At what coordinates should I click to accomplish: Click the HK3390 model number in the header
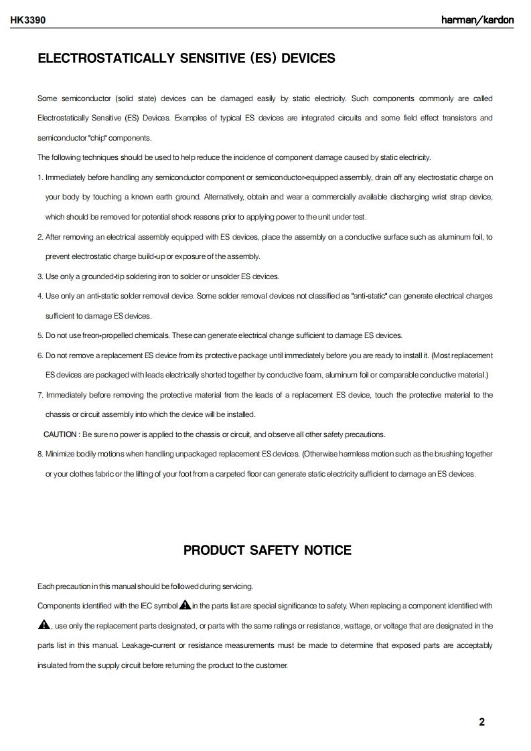pyautogui.click(x=27, y=20)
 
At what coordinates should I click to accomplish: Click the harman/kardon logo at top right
pyautogui.click(x=477, y=20)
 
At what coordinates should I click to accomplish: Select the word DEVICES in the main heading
pyautogui.click(x=308, y=58)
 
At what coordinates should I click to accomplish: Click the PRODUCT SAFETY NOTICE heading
pyautogui.click(x=267, y=550)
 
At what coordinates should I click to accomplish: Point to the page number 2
pyautogui.click(x=482, y=722)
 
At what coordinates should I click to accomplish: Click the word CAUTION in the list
pyautogui.click(x=60, y=434)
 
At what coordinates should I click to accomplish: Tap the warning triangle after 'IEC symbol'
pyautogui.click(x=185, y=605)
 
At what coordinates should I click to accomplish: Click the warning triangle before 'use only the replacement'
pyautogui.click(x=44, y=625)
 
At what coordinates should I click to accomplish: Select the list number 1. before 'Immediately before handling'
pyautogui.click(x=40, y=177)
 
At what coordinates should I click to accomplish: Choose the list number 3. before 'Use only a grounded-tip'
pyautogui.click(x=40, y=276)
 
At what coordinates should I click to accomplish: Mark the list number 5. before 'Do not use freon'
pyautogui.click(x=40, y=335)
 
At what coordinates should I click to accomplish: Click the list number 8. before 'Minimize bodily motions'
pyautogui.click(x=40, y=454)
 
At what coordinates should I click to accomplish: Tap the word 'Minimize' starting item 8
pyautogui.click(x=60, y=454)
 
